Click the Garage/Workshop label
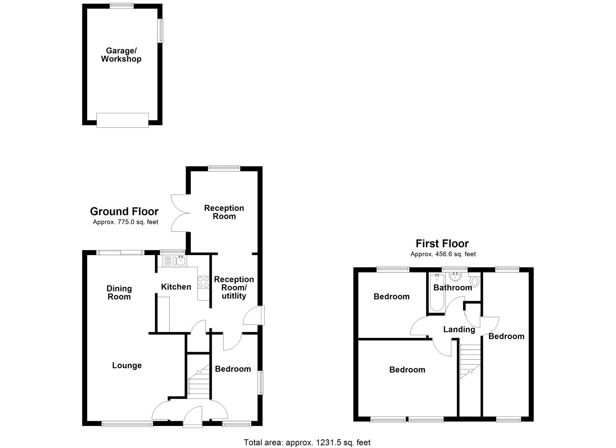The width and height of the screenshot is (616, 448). point(121,55)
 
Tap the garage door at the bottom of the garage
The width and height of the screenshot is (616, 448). point(122,120)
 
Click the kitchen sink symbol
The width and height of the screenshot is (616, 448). point(174,261)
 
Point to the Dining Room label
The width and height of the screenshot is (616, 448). point(119,292)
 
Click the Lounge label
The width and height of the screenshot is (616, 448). point(127,365)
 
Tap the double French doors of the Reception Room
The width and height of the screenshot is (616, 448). point(178,213)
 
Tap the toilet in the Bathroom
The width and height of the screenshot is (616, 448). point(474,281)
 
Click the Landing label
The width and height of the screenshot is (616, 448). point(459,329)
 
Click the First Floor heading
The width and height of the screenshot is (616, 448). point(442,243)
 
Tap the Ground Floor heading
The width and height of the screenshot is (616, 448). point(124,211)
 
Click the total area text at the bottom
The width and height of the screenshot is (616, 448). point(307,442)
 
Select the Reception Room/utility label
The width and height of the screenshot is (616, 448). point(234,287)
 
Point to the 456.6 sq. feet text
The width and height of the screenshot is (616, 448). point(443,254)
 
